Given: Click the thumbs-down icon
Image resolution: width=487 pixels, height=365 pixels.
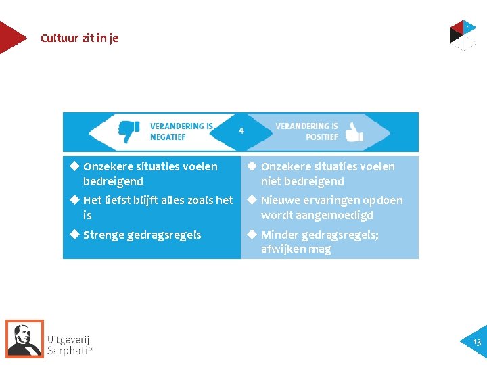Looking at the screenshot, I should (x=129, y=131).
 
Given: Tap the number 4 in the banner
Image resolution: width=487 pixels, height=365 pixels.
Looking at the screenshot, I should (x=241, y=130).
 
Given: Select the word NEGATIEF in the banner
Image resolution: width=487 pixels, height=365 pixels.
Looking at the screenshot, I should (x=168, y=137).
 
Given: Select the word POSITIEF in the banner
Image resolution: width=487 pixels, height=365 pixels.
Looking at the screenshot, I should (x=322, y=137).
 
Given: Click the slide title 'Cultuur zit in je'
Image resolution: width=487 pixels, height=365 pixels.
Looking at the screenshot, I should (x=79, y=38).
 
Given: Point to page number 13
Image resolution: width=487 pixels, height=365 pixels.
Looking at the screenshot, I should (x=477, y=343).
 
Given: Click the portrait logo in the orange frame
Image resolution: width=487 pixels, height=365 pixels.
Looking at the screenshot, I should (x=24, y=338).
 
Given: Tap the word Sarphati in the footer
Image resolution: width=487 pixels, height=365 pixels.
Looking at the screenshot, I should (x=68, y=350).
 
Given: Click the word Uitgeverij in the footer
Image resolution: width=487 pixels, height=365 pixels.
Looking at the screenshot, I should (x=68, y=339).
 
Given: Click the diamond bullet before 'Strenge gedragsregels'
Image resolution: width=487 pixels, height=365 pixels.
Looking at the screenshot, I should (x=74, y=235).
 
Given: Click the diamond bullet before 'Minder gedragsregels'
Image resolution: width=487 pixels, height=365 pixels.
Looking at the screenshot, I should (x=251, y=235).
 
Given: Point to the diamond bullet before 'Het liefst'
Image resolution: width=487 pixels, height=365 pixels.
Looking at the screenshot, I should (x=74, y=199).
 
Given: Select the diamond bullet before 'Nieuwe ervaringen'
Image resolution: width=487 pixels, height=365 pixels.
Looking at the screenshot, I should (x=251, y=199).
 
